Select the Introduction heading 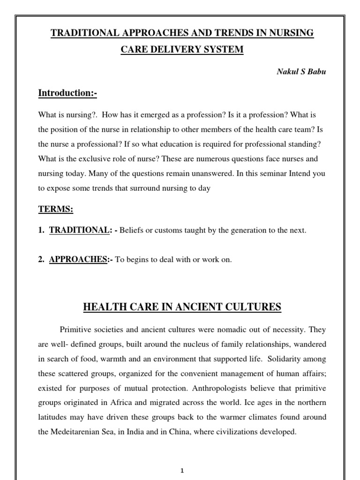(x=67, y=93)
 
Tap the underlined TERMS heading (x=55, y=210)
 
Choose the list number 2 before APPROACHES (x=41, y=259)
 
